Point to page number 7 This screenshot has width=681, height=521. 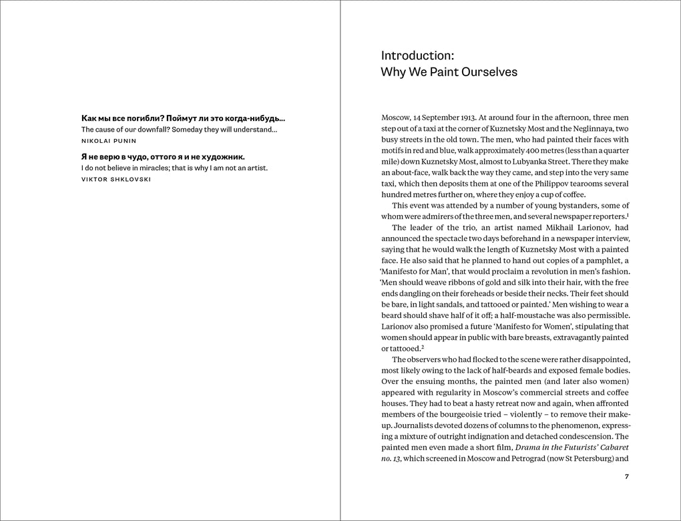click(626, 477)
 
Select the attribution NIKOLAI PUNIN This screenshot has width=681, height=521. click(109, 142)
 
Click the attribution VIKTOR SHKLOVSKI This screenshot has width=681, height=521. click(116, 180)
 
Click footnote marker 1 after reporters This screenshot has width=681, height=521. click(628, 214)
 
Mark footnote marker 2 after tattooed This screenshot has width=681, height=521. click(423, 346)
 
